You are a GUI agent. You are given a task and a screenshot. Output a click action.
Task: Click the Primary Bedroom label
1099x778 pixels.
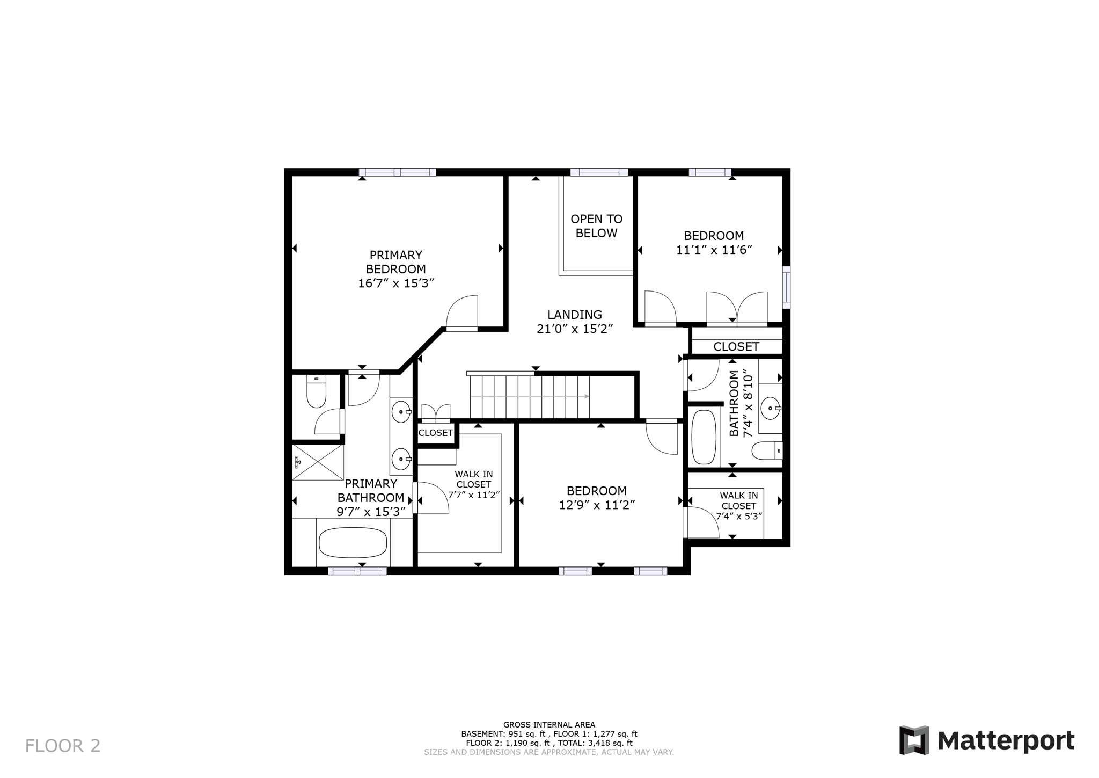(x=396, y=262)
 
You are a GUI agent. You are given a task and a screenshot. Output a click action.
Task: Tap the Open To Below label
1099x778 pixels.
(x=596, y=226)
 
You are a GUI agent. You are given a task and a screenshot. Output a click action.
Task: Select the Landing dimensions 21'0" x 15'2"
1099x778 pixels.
(x=575, y=329)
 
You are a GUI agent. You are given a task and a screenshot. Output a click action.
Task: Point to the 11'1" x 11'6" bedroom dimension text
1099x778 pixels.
(x=714, y=250)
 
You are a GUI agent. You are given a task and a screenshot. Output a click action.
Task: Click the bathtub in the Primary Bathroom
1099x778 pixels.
(x=353, y=542)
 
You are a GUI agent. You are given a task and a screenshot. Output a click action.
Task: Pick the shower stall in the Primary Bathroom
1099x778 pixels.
(x=318, y=462)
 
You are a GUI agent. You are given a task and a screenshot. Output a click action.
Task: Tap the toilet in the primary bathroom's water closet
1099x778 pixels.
(x=316, y=391)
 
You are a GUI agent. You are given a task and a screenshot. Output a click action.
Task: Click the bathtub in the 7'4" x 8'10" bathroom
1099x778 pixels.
(x=704, y=437)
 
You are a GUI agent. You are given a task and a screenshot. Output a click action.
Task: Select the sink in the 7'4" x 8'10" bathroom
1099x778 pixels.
(x=771, y=409)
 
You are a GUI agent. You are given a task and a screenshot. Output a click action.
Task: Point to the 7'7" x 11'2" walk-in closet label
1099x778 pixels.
(x=474, y=484)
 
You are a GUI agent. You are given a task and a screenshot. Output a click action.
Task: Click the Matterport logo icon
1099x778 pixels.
(x=914, y=740)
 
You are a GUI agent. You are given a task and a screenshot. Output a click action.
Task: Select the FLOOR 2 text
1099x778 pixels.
(x=63, y=746)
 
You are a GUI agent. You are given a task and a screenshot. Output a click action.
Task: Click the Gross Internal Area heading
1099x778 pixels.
(x=549, y=725)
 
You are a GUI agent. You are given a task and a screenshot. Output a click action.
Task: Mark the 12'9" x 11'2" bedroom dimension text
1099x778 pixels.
(x=597, y=505)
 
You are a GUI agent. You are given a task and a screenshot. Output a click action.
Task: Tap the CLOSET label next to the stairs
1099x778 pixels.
(x=436, y=433)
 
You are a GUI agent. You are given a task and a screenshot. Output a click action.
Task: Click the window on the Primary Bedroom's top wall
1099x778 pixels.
(x=397, y=172)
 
